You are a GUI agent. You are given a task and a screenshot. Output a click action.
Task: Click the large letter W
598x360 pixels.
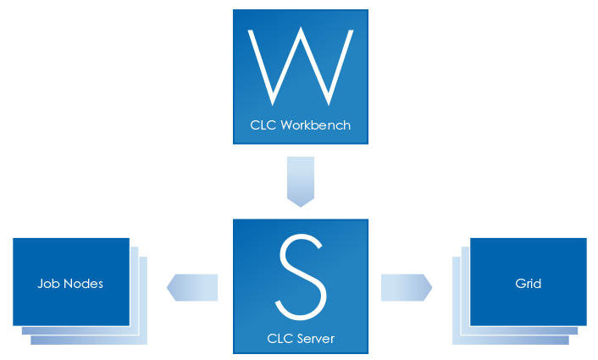point(300,64)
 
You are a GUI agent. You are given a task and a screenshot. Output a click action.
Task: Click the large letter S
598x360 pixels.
point(301,275)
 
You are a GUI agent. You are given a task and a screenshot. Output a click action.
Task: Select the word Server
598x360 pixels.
point(315,339)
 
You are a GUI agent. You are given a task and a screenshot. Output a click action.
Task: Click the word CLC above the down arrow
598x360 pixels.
point(263,125)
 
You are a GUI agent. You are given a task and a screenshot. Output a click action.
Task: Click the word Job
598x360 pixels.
point(49,283)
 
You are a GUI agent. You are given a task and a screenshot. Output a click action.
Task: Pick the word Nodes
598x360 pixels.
point(83,283)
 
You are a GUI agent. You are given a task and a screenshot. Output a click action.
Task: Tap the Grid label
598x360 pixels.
point(528,283)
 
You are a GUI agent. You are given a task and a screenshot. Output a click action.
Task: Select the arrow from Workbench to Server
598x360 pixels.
point(301,180)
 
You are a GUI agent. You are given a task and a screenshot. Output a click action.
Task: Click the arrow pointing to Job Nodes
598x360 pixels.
point(194,287)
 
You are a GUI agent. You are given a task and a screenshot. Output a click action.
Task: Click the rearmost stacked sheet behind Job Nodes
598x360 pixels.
point(145,339)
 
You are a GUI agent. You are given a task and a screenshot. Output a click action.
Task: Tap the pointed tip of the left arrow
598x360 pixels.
point(169,287)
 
